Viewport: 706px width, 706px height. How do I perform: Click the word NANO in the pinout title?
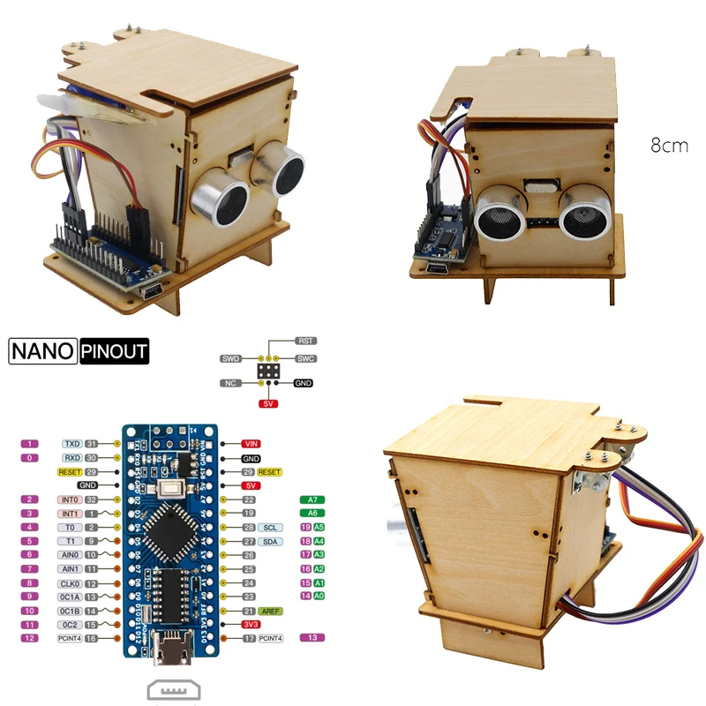[43, 351]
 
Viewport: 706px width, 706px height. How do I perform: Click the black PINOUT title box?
[115, 351]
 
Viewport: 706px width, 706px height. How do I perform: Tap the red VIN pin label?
[252, 444]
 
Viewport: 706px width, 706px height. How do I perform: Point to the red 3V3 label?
[252, 624]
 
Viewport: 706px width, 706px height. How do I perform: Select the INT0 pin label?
[71, 499]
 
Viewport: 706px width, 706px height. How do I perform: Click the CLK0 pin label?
[71, 583]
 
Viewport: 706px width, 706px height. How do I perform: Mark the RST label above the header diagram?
[306, 341]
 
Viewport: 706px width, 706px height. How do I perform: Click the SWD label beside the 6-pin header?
[231, 359]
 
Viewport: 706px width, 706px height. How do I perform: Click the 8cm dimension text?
[669, 146]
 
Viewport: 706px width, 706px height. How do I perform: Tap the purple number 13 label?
[313, 638]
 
